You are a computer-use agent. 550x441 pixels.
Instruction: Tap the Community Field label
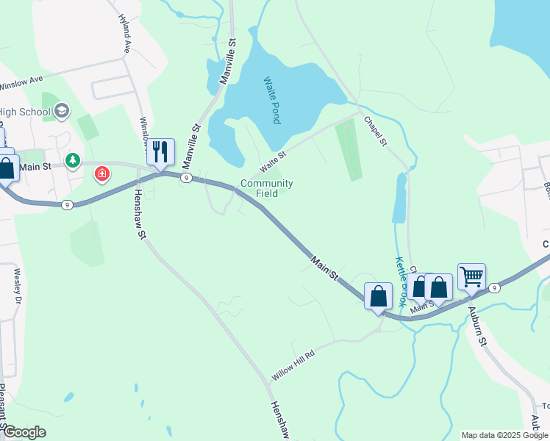coord(267,188)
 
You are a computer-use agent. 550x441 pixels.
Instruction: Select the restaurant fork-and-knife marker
coord(160,152)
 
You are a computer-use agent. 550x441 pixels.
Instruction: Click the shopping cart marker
coord(471,277)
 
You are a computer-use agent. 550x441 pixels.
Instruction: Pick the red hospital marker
coord(102,174)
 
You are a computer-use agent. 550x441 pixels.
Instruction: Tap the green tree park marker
coord(72,160)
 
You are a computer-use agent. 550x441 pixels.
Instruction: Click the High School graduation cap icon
coord(62,112)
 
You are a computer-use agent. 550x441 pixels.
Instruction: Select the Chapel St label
coord(375,130)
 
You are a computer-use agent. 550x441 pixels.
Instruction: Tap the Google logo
coord(25,432)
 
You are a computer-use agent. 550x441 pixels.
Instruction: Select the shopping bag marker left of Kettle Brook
coord(378,297)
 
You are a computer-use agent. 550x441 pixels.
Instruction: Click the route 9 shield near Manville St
coord(187,178)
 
